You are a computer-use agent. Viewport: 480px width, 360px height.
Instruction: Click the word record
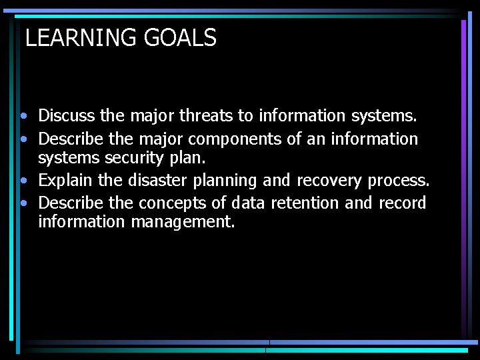click(402, 203)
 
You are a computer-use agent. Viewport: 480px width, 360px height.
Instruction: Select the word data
click(248, 203)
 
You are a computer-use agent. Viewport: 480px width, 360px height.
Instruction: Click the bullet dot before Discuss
click(23, 116)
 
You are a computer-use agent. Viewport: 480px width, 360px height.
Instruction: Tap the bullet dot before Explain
click(23, 181)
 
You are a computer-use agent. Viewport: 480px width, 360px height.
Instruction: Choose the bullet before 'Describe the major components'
click(23, 139)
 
